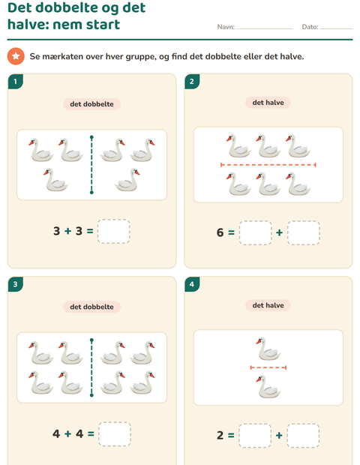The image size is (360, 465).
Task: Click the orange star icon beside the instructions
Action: click(x=16, y=56)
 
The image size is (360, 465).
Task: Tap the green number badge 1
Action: click(x=16, y=81)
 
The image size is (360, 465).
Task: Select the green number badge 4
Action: click(x=192, y=284)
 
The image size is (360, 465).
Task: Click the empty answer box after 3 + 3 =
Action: click(x=114, y=231)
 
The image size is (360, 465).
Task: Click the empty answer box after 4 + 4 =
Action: click(x=115, y=434)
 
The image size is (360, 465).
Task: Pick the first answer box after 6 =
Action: click(x=255, y=232)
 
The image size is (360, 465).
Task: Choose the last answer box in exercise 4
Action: click(x=303, y=436)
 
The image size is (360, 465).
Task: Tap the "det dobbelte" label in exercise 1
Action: click(x=91, y=104)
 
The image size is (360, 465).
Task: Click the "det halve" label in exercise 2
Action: click(x=268, y=103)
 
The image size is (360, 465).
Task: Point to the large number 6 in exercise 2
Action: click(x=220, y=232)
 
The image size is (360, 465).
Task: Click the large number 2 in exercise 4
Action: click(x=220, y=435)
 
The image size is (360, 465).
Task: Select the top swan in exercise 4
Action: click(x=268, y=349)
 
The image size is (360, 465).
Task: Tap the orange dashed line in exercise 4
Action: click(x=268, y=367)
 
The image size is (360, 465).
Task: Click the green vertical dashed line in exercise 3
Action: click(x=91, y=367)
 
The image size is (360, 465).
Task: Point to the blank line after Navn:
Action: click(x=265, y=28)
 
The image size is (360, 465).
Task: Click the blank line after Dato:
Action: click(x=336, y=28)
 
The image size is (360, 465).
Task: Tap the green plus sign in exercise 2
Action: click(x=279, y=232)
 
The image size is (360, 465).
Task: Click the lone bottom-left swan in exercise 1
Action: click(x=56, y=180)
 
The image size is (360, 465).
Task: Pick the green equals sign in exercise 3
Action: click(x=91, y=433)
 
